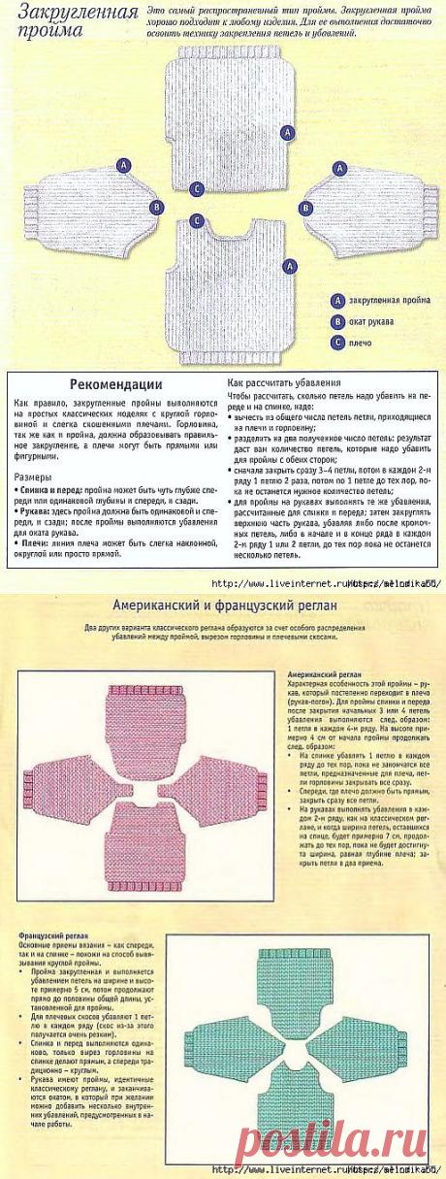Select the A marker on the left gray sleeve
click(123, 167)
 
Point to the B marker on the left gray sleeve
click(156, 208)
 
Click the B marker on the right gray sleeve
click(305, 208)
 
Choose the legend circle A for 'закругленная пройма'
click(336, 301)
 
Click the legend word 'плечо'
click(362, 342)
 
